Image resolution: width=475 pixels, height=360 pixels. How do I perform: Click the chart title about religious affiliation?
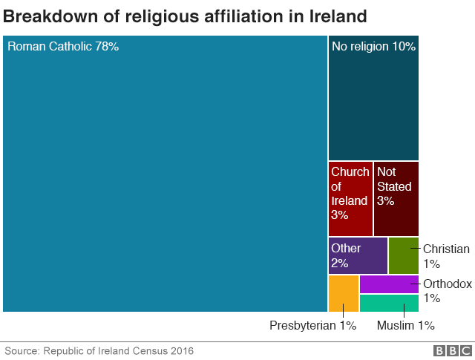tap(185, 16)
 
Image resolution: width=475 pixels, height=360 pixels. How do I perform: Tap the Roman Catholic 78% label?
tap(63, 47)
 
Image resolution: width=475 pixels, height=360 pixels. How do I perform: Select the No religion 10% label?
tap(373, 47)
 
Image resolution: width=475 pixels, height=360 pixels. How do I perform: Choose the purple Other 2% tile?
tap(358, 255)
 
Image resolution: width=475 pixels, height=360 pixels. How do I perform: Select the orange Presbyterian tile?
tap(344, 293)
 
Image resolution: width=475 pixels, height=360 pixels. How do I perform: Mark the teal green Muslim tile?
tap(389, 303)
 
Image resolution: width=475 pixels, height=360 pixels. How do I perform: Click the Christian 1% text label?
tap(445, 256)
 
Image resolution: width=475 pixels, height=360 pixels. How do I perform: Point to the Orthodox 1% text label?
tap(447, 290)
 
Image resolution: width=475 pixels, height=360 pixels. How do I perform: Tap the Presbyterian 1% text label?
tap(313, 325)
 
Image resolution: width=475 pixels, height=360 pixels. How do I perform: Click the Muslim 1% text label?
tap(405, 325)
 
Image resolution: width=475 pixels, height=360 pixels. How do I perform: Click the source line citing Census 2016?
tap(99, 350)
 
